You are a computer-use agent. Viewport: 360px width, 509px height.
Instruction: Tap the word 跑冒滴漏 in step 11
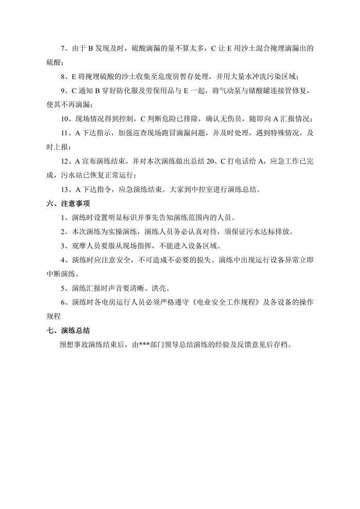coord(190,132)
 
